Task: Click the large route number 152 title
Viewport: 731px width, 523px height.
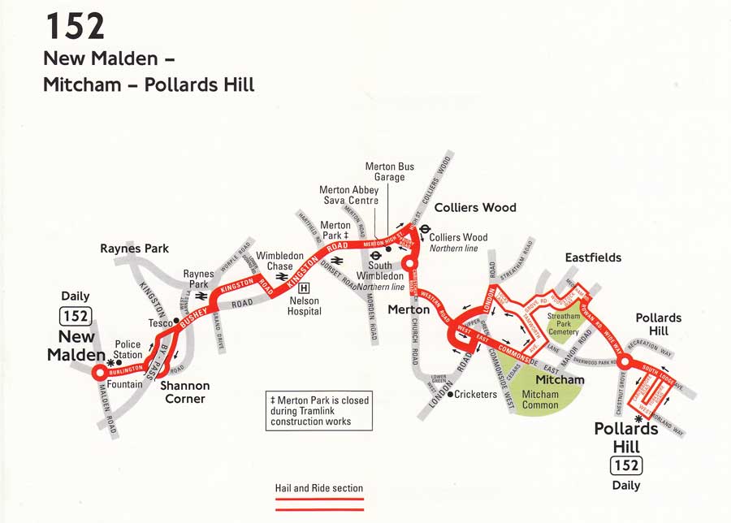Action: (x=75, y=26)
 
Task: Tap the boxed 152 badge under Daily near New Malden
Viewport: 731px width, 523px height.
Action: (x=75, y=316)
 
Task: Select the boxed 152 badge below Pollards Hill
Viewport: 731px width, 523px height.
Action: (x=626, y=465)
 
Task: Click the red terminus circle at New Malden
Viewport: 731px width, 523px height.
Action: (x=98, y=373)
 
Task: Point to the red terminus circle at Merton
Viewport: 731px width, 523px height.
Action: (x=411, y=263)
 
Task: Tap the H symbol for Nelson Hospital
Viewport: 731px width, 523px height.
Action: (x=304, y=287)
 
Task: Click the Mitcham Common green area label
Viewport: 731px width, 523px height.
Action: (x=540, y=400)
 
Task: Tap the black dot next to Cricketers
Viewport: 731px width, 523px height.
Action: (x=450, y=395)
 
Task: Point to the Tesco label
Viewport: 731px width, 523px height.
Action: (x=159, y=323)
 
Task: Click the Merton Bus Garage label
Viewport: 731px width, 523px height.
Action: (x=389, y=171)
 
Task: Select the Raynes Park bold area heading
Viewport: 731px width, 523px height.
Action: (x=134, y=249)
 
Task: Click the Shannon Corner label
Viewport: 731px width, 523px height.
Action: (x=184, y=391)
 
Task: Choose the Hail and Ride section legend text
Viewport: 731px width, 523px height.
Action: (x=318, y=488)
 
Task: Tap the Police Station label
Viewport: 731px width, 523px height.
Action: (x=128, y=349)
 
